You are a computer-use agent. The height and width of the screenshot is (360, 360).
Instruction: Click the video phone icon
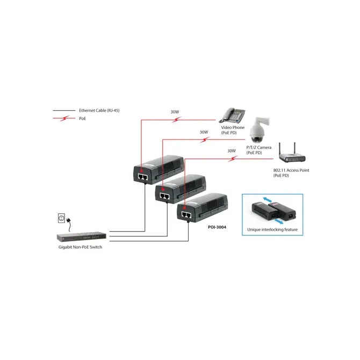(x=232, y=116)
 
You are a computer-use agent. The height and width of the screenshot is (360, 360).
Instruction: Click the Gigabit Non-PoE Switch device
(x=82, y=237)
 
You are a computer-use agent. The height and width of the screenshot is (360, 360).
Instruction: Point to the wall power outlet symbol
(x=61, y=218)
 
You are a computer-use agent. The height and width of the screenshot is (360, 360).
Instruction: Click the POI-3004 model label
(x=217, y=227)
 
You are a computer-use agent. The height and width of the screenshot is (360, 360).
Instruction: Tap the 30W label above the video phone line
(x=175, y=112)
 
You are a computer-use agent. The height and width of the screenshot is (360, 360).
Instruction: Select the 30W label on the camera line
(x=204, y=132)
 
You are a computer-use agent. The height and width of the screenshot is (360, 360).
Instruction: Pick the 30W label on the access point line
(x=232, y=151)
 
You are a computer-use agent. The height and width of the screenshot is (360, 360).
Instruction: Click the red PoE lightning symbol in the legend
(x=64, y=118)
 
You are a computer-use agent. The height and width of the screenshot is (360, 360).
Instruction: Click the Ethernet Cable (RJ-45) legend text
(x=99, y=111)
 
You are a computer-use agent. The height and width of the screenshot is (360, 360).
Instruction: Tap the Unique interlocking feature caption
(x=272, y=229)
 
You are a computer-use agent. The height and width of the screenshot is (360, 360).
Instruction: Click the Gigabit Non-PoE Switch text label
(x=80, y=247)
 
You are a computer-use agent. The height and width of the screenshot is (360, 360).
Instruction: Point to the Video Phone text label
(x=233, y=127)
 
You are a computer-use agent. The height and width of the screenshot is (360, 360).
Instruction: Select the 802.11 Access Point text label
(x=291, y=170)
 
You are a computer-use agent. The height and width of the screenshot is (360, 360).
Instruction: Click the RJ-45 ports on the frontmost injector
(x=186, y=215)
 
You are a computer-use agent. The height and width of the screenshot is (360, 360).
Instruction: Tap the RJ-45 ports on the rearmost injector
(x=143, y=177)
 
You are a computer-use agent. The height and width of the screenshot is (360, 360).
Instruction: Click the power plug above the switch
(x=69, y=221)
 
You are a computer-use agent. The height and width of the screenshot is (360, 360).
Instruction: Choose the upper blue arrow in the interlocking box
(x=267, y=199)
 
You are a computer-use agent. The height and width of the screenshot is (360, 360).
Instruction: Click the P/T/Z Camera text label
(x=259, y=147)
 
